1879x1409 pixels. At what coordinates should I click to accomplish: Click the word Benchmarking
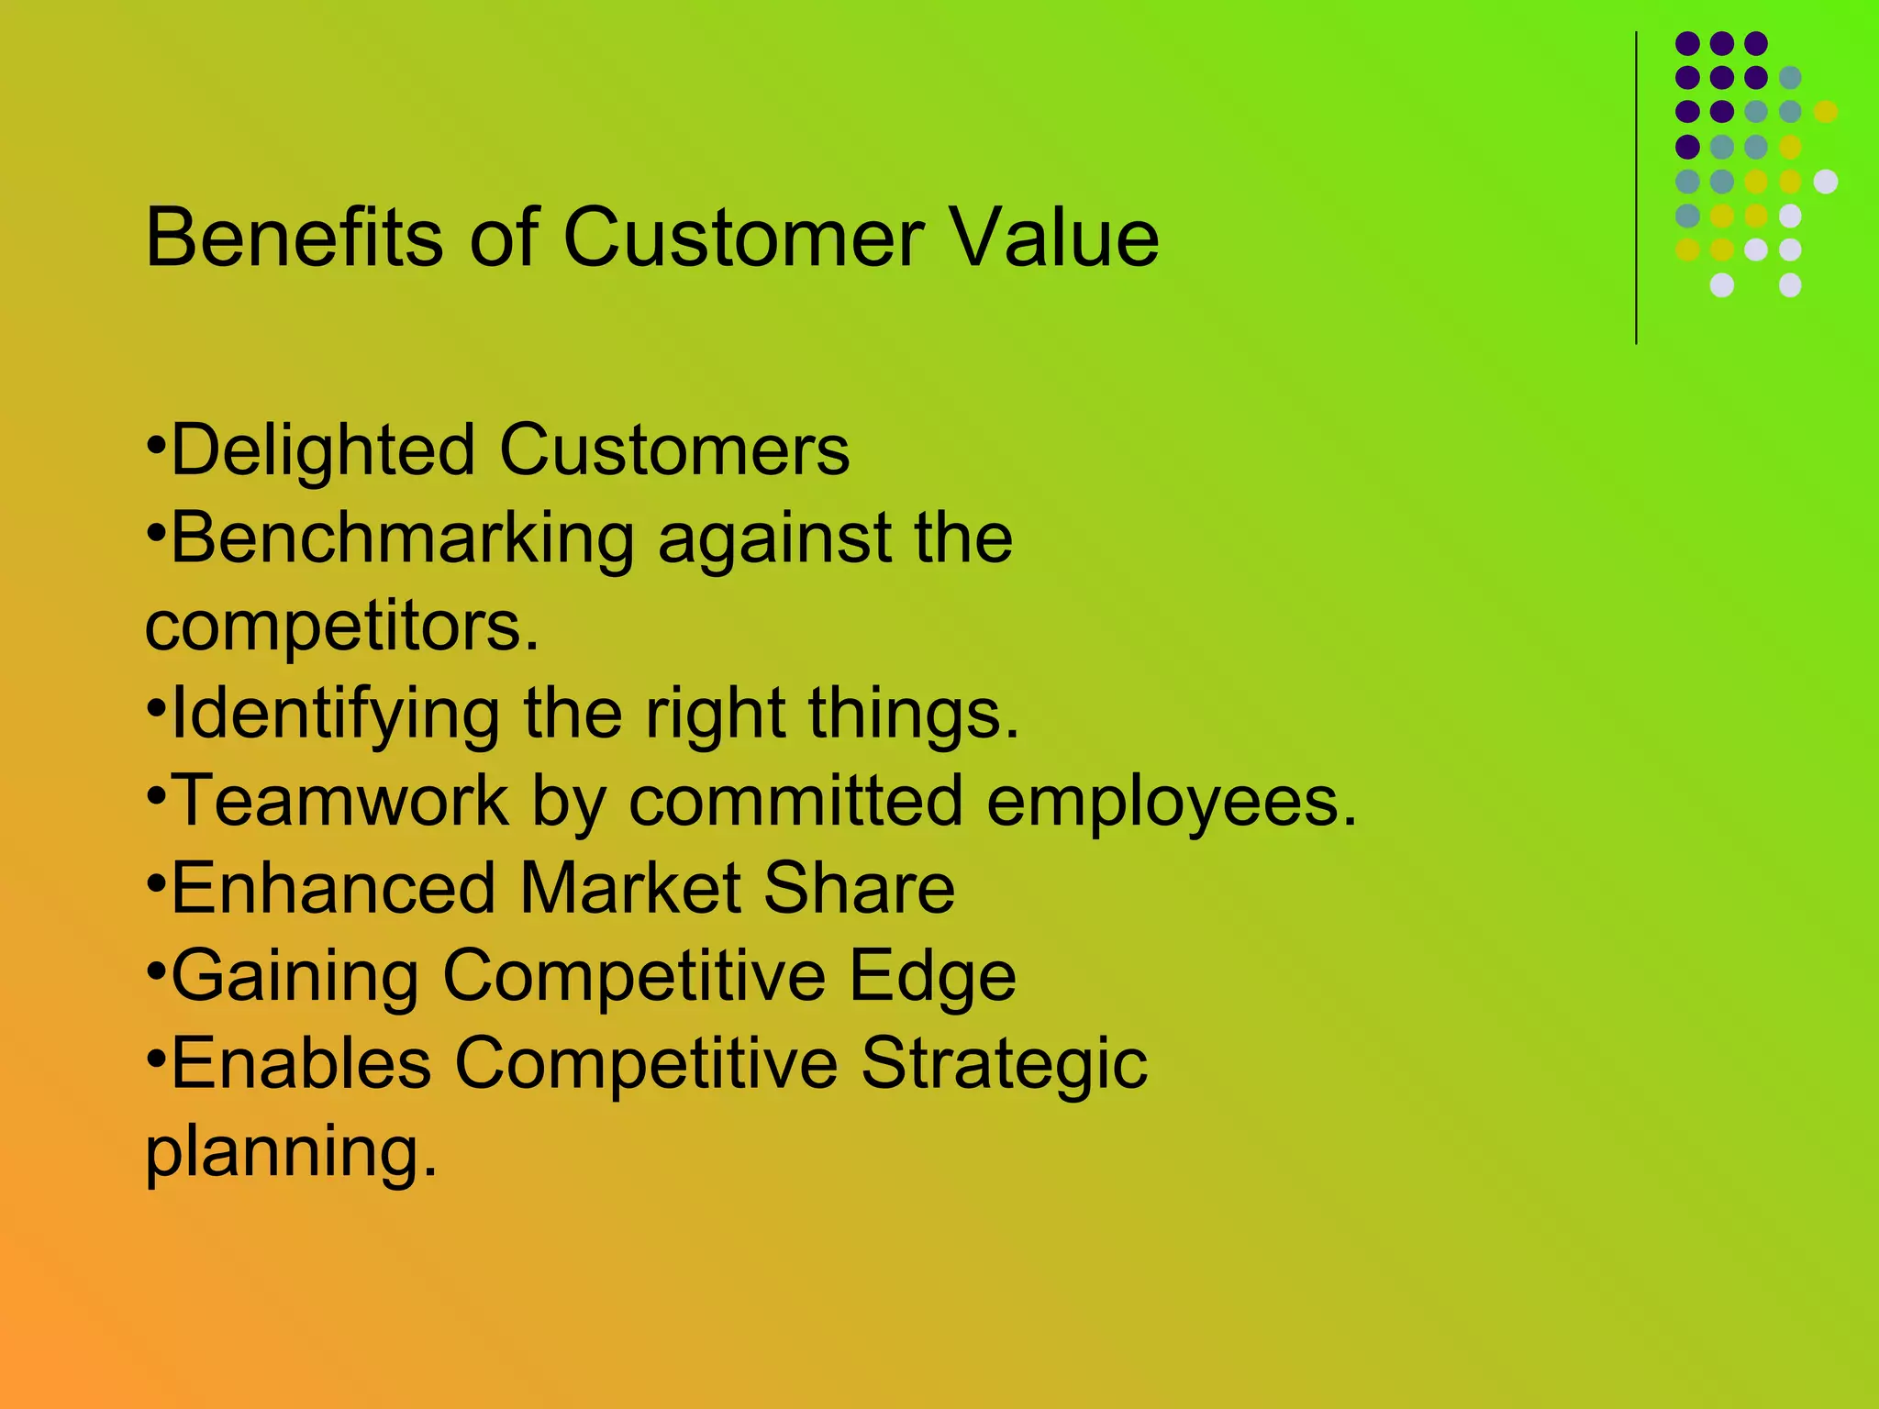tap(402, 538)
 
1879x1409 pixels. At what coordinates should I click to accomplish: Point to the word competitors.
tap(341, 627)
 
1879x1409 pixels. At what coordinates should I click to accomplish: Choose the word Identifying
tap(335, 714)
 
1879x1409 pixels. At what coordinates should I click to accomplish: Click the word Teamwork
tap(339, 801)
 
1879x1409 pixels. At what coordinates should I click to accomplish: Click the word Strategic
tap(1004, 1064)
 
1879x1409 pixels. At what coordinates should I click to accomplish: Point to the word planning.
tap(291, 1152)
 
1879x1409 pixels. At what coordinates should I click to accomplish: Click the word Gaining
tap(295, 976)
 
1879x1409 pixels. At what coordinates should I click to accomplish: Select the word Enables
tap(301, 1063)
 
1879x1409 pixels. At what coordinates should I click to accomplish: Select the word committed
tap(795, 801)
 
